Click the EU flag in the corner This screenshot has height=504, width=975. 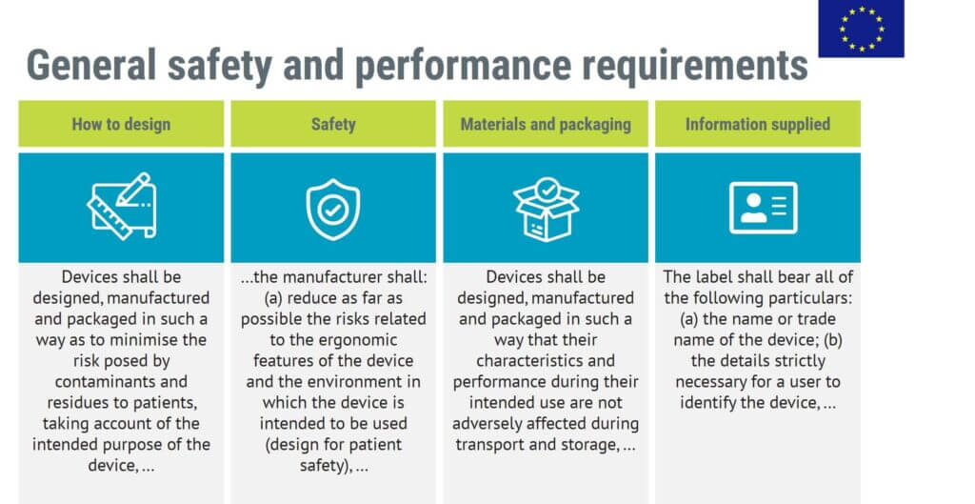[861, 29]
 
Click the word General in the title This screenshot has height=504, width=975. [90, 66]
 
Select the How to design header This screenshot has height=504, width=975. [121, 124]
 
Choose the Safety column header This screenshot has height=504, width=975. [333, 124]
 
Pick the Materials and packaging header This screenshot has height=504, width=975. [546, 125]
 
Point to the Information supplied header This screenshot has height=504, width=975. [757, 125]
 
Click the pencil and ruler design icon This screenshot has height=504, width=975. [121, 206]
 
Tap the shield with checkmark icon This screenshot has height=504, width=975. [333, 209]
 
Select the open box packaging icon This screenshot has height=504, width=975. [546, 209]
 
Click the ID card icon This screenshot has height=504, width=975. [763, 208]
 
